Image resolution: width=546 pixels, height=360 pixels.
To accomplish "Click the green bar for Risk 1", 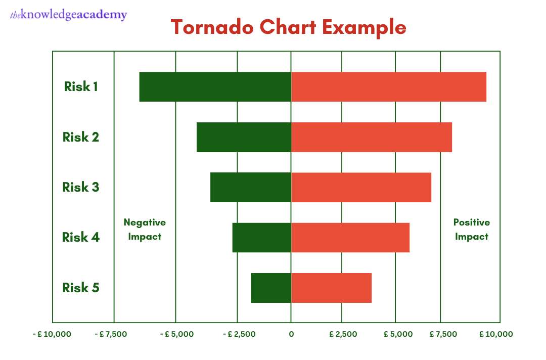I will [215, 87].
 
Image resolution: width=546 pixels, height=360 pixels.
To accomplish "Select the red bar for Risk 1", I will [388, 87].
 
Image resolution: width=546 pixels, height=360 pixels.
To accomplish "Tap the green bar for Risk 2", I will [244, 137].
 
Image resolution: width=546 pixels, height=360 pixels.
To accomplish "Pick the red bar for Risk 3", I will [361, 187].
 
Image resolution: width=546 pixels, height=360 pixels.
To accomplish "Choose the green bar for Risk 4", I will [261, 237].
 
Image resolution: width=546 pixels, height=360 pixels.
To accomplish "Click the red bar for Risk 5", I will [331, 288].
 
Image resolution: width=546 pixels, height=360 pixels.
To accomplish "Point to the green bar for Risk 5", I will [271, 288].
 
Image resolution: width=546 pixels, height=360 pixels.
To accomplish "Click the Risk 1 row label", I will [81, 86].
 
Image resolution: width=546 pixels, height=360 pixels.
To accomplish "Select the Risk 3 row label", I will [81, 187].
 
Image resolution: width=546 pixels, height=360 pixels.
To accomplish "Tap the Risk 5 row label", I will [81, 288].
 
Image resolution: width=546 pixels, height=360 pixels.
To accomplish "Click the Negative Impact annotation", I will [145, 229].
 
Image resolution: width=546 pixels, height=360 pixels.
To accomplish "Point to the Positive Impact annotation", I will [472, 229].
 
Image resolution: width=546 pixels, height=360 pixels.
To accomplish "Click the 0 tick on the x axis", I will [291, 334].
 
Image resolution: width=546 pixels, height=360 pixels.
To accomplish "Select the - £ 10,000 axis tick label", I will [52, 334].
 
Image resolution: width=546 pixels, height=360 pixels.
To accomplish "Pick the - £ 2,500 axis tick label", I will [237, 334].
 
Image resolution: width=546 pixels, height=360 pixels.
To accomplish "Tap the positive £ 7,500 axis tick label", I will [443, 334].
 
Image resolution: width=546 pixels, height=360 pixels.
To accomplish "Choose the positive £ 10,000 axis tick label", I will [496, 334].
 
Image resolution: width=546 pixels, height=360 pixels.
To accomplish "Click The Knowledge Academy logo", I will [69, 15].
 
